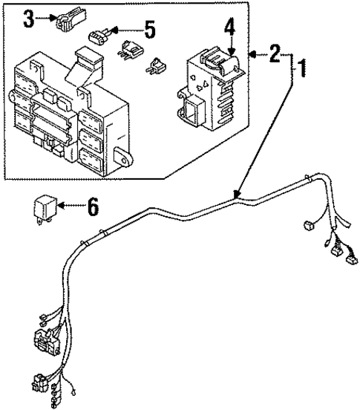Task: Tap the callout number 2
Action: tap(275, 53)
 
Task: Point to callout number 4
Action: tap(229, 28)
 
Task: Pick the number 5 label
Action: tap(150, 30)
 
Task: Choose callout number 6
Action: tap(93, 206)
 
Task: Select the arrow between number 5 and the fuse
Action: tap(127, 30)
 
